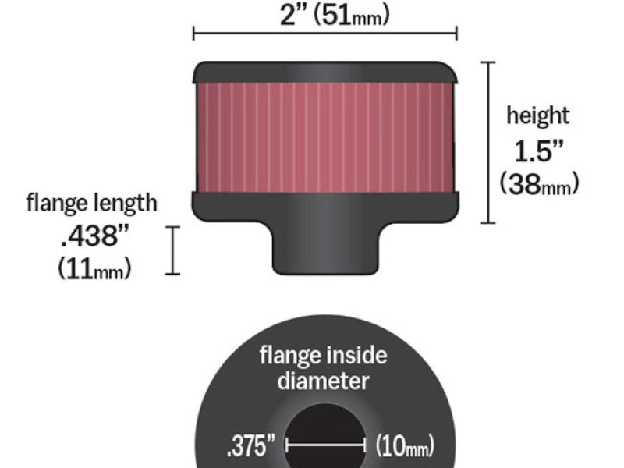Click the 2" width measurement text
pyautogui.click(x=296, y=16)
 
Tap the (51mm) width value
pyautogui.click(x=352, y=16)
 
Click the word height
pyautogui.click(x=537, y=115)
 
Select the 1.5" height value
pyautogui.click(x=539, y=151)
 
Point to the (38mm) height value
pyautogui.click(x=539, y=184)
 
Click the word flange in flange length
pyautogui.click(x=56, y=202)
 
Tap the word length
pyautogui.click(x=124, y=203)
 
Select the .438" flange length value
pyautogui.click(x=94, y=236)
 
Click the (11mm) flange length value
pyautogui.click(x=94, y=268)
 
